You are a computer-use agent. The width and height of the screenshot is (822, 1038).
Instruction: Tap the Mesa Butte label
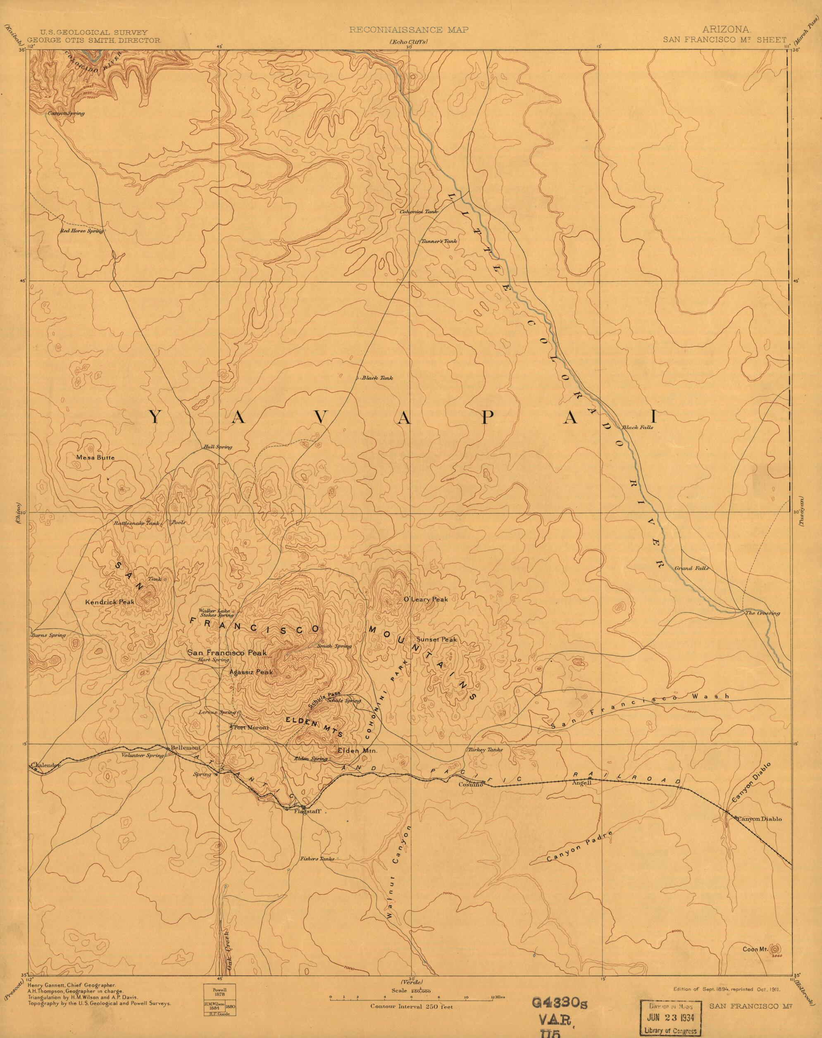95,458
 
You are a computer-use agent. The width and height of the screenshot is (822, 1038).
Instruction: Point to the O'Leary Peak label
425,599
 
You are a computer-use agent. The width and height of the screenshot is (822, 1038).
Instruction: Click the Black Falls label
637,427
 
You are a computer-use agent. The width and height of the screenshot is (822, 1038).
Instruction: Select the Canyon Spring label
66,114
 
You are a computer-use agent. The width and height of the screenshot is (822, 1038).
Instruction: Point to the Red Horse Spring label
82,231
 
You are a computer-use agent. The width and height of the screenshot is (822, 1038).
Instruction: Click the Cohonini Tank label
418,211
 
